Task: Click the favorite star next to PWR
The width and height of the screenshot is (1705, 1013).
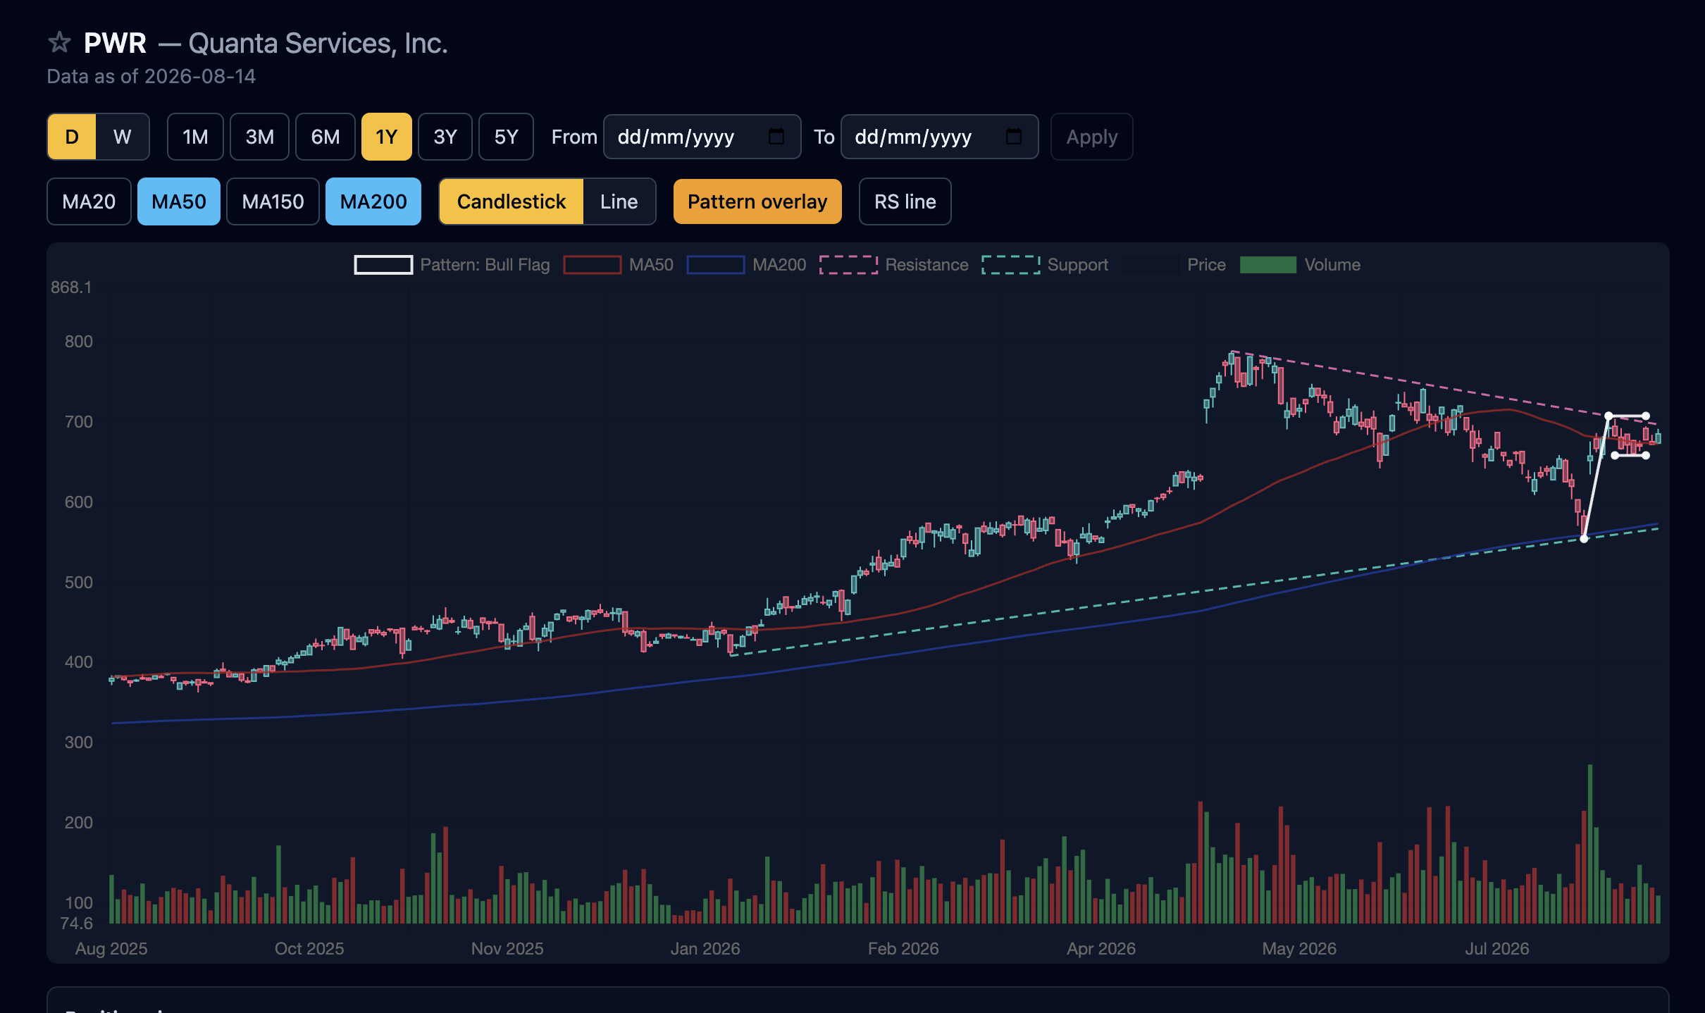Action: pyautogui.click(x=60, y=43)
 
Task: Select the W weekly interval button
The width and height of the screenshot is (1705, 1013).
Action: pyautogui.click(x=123, y=137)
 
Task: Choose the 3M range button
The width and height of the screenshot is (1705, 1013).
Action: pyautogui.click(x=260, y=137)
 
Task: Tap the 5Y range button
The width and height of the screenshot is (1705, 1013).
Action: pyautogui.click(x=506, y=137)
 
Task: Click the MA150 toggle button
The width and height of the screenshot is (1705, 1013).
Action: pyautogui.click(x=273, y=201)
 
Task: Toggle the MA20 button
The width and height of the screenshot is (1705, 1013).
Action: pyautogui.click(x=89, y=201)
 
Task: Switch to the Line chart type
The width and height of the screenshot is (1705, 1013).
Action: pyautogui.click(x=619, y=201)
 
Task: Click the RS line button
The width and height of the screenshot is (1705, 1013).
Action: pyautogui.click(x=905, y=201)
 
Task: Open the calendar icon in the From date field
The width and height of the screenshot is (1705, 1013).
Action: pyautogui.click(x=776, y=136)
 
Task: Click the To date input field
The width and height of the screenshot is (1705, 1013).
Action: pyautogui.click(x=939, y=137)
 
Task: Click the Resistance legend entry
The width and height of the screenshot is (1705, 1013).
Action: pyautogui.click(x=894, y=265)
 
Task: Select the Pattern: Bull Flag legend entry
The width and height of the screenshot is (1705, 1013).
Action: pyautogui.click(x=452, y=265)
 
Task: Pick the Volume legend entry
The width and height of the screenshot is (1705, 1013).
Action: pyautogui.click(x=1300, y=265)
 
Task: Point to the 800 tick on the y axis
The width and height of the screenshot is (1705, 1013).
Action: pyautogui.click(x=78, y=342)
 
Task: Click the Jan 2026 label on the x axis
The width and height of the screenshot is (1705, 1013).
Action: pyautogui.click(x=705, y=948)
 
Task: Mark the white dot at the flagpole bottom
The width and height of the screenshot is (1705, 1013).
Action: pyautogui.click(x=1584, y=539)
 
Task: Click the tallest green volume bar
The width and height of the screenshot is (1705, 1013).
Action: pyautogui.click(x=1590, y=844)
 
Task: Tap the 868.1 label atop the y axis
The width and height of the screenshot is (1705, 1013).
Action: pyautogui.click(x=71, y=287)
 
